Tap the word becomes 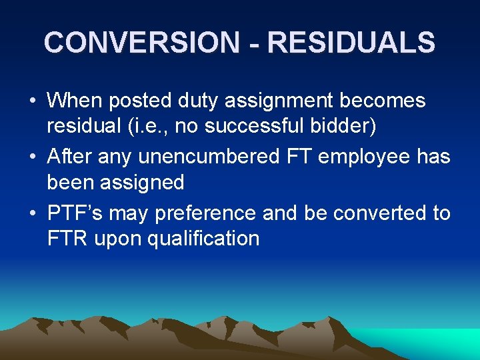[382, 101]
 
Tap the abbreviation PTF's [74, 213]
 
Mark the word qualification [203, 238]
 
